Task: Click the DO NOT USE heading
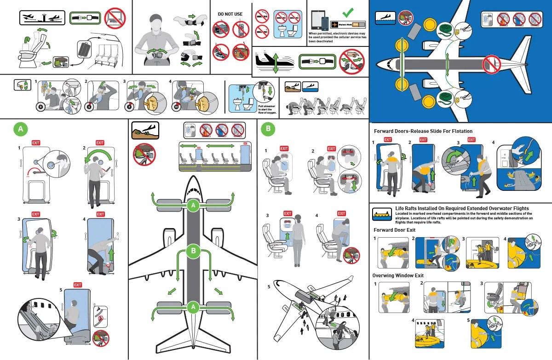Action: pyautogui.click(x=230, y=14)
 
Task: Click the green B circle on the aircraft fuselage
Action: pyautogui.click(x=193, y=251)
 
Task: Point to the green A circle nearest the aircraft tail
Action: pyautogui.click(x=193, y=307)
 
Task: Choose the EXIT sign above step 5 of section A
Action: pyautogui.click(x=77, y=285)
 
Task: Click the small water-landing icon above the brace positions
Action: pyautogui.click(x=309, y=86)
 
